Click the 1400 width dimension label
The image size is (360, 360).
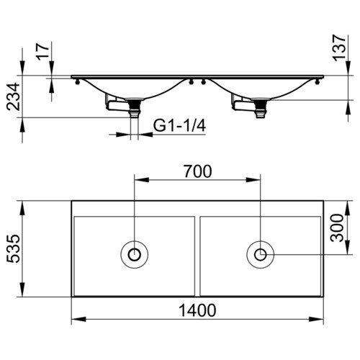[x=197, y=310]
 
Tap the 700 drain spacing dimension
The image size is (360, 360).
[x=198, y=171]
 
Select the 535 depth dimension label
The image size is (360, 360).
[x=14, y=248]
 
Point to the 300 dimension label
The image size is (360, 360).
[x=337, y=228]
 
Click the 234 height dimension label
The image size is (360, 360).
[x=13, y=96]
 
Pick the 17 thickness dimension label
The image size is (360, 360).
[x=43, y=52]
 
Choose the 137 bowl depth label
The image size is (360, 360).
[x=338, y=48]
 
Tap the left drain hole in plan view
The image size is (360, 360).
[x=135, y=254]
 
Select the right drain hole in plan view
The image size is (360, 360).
[x=261, y=254]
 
